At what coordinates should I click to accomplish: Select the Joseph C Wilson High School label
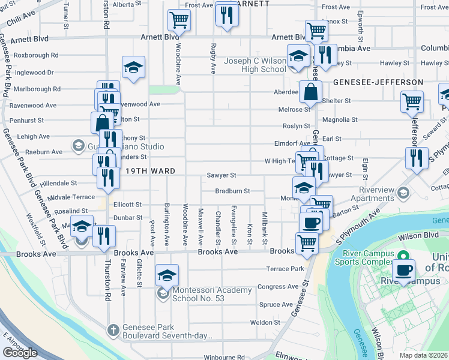click(x=255, y=65)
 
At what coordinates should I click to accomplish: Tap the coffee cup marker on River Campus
click(x=404, y=269)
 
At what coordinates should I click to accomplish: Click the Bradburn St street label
click(x=232, y=191)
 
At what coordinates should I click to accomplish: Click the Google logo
click(x=20, y=353)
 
